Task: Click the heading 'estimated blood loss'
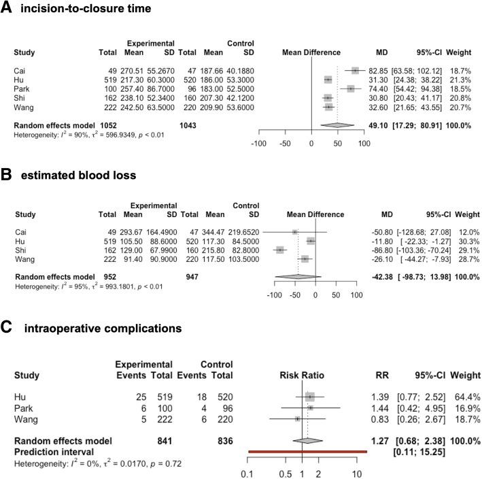coord(79,175)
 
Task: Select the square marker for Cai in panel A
coord(355,70)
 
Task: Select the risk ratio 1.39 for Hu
coord(385,396)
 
